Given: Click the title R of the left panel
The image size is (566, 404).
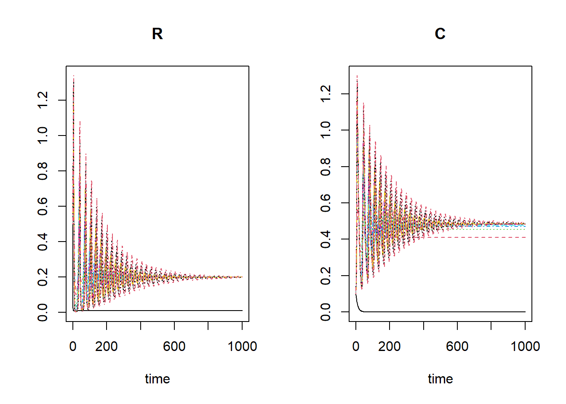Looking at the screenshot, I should tap(157, 34).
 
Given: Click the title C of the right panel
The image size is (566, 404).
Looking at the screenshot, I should tap(440, 34).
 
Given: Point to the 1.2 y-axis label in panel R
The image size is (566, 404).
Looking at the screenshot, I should tap(43, 100).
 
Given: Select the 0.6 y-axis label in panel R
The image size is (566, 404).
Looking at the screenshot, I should tap(43, 206).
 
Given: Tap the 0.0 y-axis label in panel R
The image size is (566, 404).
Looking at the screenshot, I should tap(43, 312).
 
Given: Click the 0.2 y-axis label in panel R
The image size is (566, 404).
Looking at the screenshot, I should tap(43, 277).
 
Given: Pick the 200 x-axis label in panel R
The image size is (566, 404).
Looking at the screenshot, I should tap(107, 346).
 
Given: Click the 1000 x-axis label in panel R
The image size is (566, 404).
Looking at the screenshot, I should tap(242, 346).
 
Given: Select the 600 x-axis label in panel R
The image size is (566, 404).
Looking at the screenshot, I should tap(174, 346).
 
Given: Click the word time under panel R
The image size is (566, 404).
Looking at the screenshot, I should tap(157, 379).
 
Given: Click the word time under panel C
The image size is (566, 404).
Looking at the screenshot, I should tap(440, 379).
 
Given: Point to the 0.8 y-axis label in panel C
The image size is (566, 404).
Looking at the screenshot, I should tap(326, 167).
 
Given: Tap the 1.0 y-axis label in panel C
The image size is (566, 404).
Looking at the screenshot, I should tap(326, 130).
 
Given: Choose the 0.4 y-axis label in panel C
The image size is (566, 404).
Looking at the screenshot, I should tap(326, 239).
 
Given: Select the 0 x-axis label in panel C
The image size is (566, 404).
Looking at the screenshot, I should tap(356, 346).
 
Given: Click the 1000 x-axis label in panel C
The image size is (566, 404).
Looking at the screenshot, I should tap(525, 346).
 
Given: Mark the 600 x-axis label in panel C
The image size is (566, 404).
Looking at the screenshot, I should tap(457, 346).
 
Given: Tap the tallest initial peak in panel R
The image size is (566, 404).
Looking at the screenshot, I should tap(74, 78).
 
